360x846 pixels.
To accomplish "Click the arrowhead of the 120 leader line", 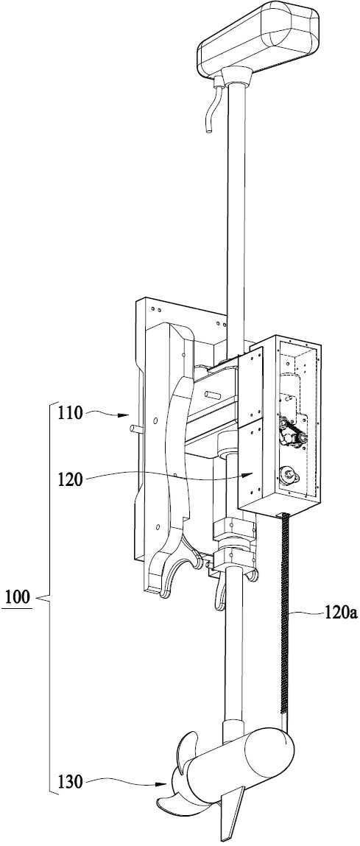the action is click(250, 473).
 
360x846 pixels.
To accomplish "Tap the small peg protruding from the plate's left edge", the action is click(136, 429).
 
